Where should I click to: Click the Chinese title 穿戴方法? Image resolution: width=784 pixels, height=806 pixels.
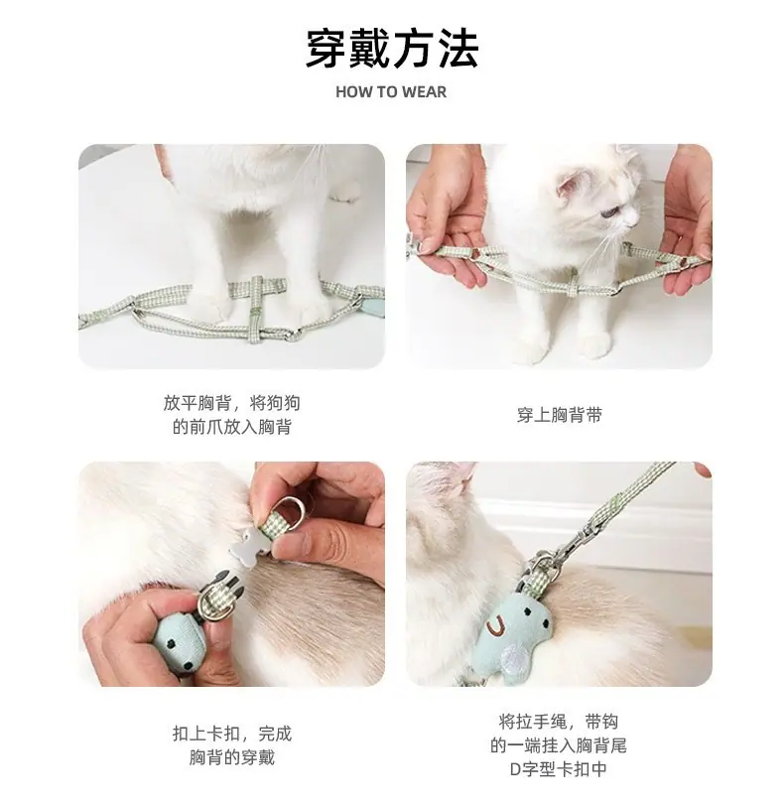392,49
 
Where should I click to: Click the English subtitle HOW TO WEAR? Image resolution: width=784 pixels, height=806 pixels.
391,92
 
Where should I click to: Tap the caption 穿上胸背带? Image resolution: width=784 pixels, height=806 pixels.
559,415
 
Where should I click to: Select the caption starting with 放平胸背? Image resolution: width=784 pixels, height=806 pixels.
231,415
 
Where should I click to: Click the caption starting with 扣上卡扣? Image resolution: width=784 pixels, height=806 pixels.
231,745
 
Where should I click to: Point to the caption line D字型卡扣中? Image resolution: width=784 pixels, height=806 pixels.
559,769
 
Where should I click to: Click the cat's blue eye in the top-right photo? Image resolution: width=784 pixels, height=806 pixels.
610,211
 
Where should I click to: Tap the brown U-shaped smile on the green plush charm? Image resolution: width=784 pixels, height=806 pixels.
496,624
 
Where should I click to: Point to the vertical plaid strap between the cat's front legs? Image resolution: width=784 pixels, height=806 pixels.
256,310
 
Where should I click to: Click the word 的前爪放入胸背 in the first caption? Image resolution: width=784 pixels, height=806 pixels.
231,427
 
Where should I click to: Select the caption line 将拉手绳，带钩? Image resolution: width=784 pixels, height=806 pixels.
559,723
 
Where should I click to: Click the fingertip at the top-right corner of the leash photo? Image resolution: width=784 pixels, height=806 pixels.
703,469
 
